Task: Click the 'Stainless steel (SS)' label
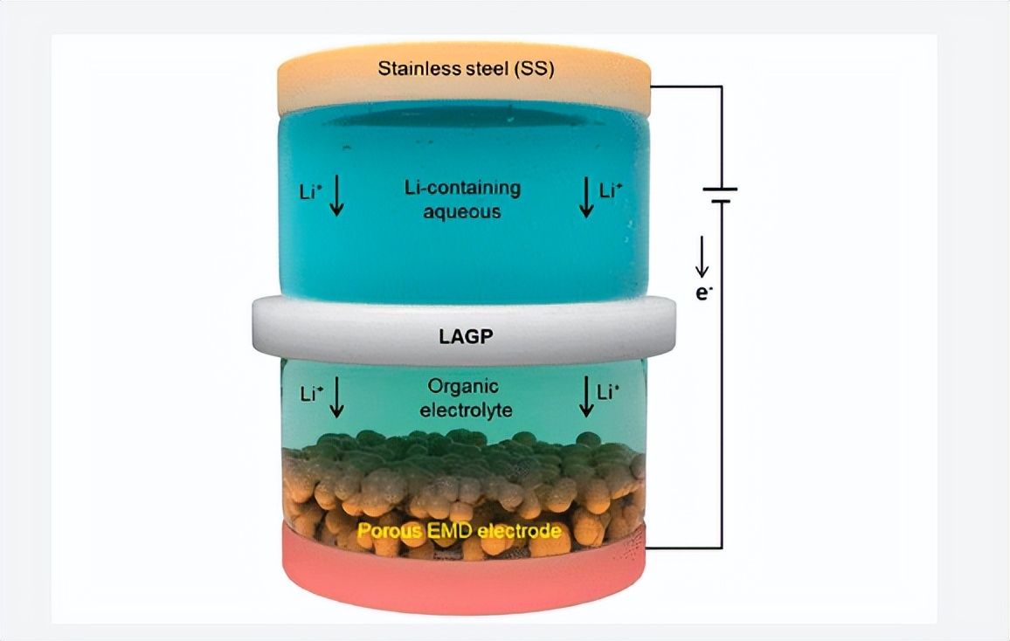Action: pyautogui.click(x=465, y=69)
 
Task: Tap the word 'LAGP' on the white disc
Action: pyautogui.click(x=464, y=336)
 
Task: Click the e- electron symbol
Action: pyautogui.click(x=703, y=293)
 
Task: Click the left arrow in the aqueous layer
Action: pyautogui.click(x=337, y=197)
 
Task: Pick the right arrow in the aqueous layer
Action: pyautogui.click(x=586, y=197)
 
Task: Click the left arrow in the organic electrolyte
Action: pyautogui.click(x=337, y=396)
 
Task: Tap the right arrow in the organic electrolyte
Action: pyautogui.click(x=586, y=396)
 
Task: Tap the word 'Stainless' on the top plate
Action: pyautogui.click(x=412, y=69)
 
